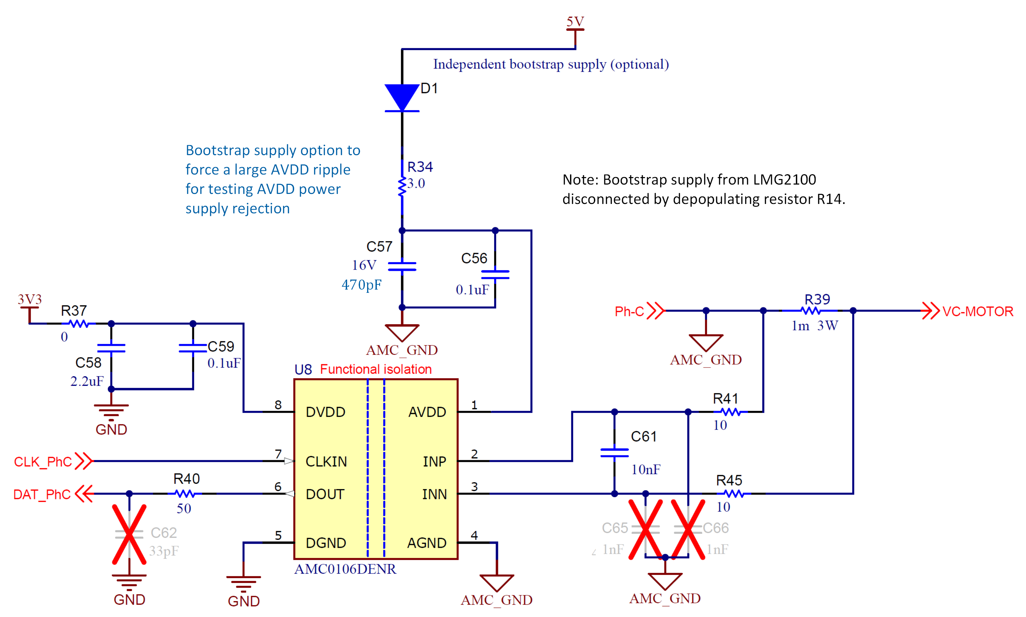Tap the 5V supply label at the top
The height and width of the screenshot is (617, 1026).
pyautogui.click(x=575, y=21)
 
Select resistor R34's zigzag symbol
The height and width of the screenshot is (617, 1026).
pyautogui.click(x=402, y=187)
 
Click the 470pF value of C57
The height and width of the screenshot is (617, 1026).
pyautogui.click(x=361, y=285)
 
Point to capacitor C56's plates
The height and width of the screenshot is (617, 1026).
pyautogui.click(x=495, y=274)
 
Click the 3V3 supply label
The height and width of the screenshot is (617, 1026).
pyautogui.click(x=29, y=299)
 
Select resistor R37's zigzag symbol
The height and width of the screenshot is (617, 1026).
pyautogui.click(x=78, y=324)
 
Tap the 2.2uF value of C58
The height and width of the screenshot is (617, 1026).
pyautogui.click(x=87, y=381)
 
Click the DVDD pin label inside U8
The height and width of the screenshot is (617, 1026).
pyautogui.click(x=325, y=412)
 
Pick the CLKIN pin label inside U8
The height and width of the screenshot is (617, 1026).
pyautogui.click(x=326, y=462)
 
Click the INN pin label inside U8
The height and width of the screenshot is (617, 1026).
pyautogui.click(x=434, y=494)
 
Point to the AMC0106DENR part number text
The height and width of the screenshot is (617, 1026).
pyautogui.click(x=345, y=569)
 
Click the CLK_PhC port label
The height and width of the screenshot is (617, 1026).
pyautogui.click(x=43, y=462)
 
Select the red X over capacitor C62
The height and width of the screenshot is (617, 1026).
pyautogui.click(x=129, y=534)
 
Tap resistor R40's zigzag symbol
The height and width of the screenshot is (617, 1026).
pyautogui.click(x=185, y=494)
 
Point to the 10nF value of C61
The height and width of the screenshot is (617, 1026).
pyautogui.click(x=645, y=469)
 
